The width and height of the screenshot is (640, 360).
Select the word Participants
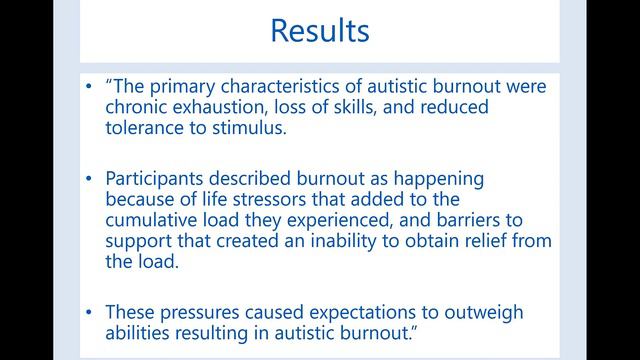159,179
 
